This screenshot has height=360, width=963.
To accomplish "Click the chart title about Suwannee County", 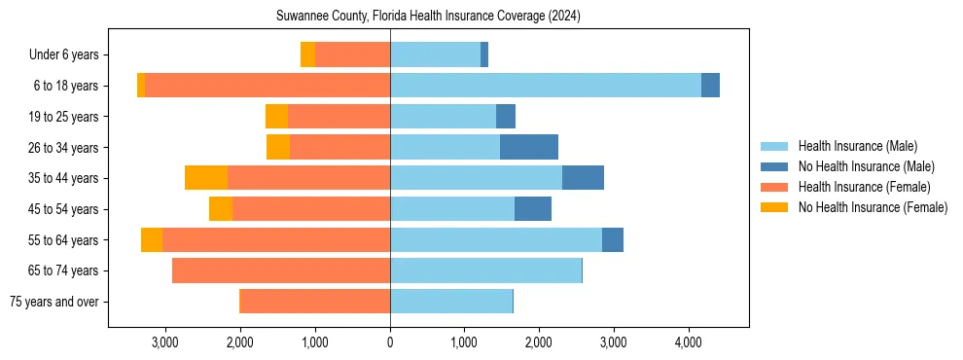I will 429,16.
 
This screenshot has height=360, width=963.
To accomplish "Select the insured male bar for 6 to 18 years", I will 545,86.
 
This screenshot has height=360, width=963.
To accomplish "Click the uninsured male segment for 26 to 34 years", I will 528,147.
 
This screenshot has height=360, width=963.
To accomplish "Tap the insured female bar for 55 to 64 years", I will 275,240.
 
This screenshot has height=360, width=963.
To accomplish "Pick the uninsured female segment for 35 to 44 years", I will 205,178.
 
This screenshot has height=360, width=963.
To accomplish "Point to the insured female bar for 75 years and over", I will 314,302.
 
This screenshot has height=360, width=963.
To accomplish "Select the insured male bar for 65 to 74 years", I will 485,270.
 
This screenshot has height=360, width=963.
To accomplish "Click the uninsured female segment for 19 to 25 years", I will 276,117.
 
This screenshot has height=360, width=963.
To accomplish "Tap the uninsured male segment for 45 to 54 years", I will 532,209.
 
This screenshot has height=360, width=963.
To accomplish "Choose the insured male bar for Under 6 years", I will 435,54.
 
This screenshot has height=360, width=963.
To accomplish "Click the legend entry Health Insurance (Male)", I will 857,146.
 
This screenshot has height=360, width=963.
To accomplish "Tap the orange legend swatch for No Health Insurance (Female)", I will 774,207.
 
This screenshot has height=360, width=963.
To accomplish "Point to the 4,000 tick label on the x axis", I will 688,342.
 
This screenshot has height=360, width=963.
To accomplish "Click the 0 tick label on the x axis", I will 390,342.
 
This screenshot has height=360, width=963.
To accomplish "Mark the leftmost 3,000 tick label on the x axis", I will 164,342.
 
